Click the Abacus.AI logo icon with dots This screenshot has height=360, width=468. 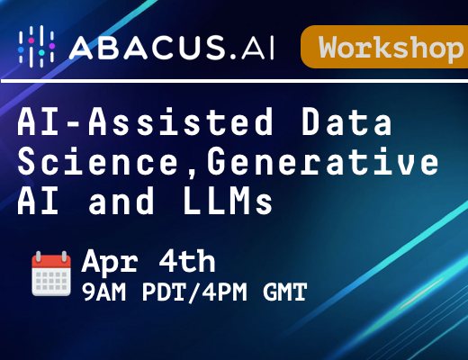point(36,46)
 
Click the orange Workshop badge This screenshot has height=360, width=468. point(384,47)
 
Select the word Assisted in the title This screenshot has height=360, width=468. point(181,122)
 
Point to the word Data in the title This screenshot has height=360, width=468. point(346,122)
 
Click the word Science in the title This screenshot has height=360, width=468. point(98,161)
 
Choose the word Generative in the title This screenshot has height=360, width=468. point(323,161)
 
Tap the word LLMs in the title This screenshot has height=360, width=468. point(229,201)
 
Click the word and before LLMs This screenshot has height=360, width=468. point(121,201)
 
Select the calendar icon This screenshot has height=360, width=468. point(51,274)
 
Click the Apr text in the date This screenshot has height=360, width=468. point(110,262)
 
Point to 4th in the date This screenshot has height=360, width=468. point(187,261)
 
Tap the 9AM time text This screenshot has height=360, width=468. point(103,292)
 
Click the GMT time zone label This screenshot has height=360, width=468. point(285,292)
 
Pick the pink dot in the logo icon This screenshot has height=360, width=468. point(31,40)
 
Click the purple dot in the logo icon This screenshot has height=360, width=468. point(52,46)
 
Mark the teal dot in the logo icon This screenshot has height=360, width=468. point(41,52)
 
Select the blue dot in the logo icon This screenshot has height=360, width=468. point(21,49)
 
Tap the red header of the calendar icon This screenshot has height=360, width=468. point(51,262)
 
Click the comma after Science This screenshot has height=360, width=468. point(193,175)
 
